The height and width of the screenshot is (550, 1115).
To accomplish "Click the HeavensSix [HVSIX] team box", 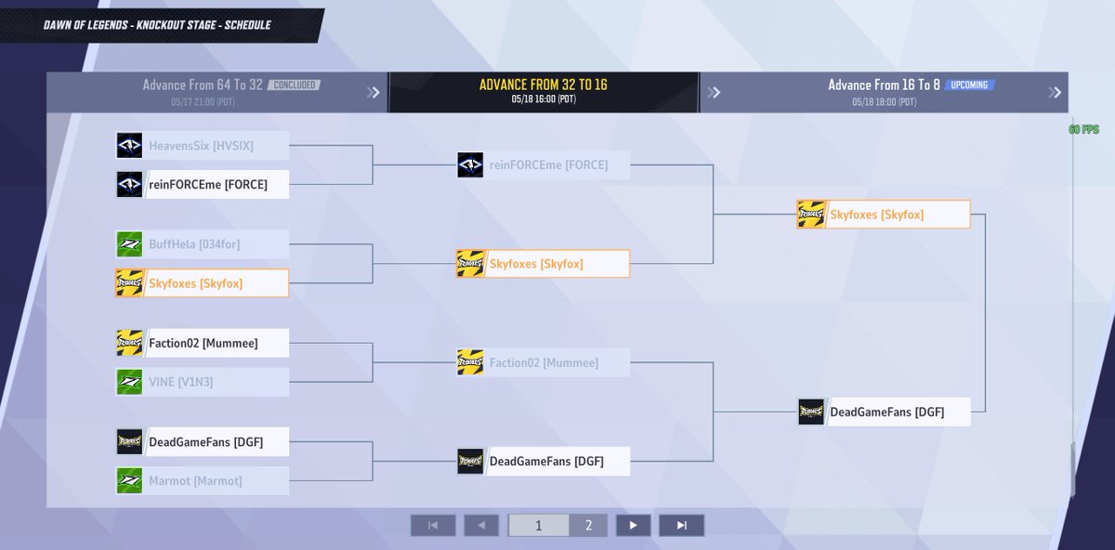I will point(202,146).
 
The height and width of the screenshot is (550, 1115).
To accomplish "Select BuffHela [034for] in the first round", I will point(202,245).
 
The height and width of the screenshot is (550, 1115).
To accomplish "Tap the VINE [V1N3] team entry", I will point(202,382).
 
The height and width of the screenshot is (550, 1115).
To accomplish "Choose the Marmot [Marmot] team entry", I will point(202,481).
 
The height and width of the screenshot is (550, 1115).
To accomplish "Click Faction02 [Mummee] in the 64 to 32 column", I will point(202,344).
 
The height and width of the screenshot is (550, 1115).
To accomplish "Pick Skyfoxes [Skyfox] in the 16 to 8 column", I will point(883,215).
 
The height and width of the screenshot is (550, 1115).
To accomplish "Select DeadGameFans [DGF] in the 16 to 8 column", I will point(884,412).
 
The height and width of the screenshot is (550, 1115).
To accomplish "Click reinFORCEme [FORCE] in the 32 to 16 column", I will point(543,165).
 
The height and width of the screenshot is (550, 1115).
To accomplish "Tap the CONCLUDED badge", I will point(294,85).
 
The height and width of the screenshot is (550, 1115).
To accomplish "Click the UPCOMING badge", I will point(969,85).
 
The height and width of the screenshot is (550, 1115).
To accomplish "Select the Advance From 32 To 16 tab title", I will point(544,85).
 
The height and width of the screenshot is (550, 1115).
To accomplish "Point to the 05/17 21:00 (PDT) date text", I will point(203,101).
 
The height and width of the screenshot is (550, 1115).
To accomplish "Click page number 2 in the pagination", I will point(588,526).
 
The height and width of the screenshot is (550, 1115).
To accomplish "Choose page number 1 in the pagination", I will point(538,526).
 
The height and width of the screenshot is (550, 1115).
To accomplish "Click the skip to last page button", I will point(681,526).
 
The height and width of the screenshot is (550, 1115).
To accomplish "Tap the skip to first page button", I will point(433,526).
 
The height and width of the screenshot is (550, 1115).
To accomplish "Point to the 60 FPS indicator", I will point(1084,130).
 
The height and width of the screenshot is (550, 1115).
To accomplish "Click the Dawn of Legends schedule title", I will point(157,25).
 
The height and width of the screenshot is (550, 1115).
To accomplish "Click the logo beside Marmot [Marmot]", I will point(129,481).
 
